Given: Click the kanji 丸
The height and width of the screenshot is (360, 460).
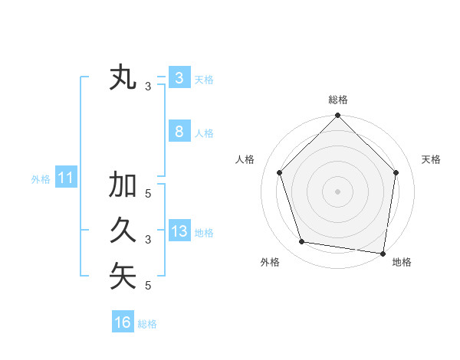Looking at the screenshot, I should point(123,79).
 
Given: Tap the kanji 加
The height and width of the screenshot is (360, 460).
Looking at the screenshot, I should point(123,185).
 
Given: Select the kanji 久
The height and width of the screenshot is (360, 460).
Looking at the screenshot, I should point(123,231).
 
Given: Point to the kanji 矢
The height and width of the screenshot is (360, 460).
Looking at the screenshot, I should point(123,277).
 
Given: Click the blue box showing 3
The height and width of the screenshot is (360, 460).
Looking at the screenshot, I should point(179,78).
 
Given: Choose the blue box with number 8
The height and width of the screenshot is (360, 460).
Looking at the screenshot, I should point(179,132).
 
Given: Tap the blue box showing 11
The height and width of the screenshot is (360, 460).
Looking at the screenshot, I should point(65,178).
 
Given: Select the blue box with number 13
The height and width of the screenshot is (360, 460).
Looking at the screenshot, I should point(179,231).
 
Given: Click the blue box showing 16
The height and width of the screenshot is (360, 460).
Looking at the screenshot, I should point(123,322).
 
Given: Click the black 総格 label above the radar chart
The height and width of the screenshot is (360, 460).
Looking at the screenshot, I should point(338,100).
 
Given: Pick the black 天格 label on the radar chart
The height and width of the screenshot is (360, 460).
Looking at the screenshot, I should point(432,159).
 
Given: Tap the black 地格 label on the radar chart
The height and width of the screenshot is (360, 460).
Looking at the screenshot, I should point(402,262).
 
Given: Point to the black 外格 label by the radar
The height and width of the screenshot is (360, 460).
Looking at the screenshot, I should point(270,262).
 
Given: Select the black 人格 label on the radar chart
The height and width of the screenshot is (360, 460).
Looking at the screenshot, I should point(245,159).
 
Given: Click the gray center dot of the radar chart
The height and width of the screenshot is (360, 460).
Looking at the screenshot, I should point(337,191).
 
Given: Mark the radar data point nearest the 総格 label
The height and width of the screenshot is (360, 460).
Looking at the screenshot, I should point(337,116).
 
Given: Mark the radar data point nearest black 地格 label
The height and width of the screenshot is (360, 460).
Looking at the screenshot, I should point(383,253).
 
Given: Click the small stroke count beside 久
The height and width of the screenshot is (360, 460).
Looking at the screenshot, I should point(148,240).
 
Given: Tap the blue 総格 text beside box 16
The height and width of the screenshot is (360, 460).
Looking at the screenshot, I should point(147,324).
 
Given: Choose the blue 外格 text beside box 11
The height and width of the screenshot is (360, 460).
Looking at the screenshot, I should point(41,179).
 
